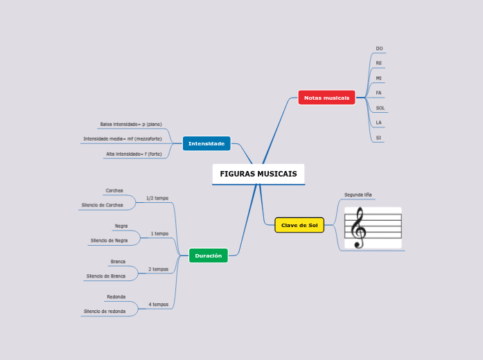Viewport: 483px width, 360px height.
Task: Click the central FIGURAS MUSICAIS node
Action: pyautogui.click(x=258, y=174)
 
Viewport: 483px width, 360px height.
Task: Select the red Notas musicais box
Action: pyautogui.click(x=326, y=98)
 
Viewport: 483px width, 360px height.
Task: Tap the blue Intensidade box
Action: pyautogui.click(x=207, y=143)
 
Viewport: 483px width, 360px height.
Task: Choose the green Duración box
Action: pyautogui.click(x=208, y=255)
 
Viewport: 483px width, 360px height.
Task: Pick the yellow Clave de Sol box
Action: pyautogui.click(x=299, y=225)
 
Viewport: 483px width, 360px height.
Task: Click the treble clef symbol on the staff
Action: pyautogui.click(x=358, y=228)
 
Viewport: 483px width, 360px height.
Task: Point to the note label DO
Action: pyautogui.click(x=379, y=48)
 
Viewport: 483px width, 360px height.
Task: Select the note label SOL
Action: pyautogui.click(x=380, y=108)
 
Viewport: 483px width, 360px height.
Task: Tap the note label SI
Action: pyautogui.click(x=378, y=138)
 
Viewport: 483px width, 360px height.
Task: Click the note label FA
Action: pyautogui.click(x=378, y=93)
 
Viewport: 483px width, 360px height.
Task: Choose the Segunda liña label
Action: pyautogui.click(x=358, y=195)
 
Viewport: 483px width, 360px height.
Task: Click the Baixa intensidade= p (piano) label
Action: pyautogui.click(x=131, y=125)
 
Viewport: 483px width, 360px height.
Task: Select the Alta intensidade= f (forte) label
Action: pyautogui.click(x=134, y=154)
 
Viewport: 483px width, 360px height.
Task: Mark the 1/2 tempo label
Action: pyautogui.click(x=157, y=198)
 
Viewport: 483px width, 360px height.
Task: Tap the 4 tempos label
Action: pyautogui.click(x=158, y=304)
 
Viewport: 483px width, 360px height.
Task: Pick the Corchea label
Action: pyautogui.click(x=114, y=190)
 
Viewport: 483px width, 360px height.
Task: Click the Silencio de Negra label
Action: pyautogui.click(x=109, y=240)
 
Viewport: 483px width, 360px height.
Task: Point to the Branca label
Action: pyautogui.click(x=118, y=262)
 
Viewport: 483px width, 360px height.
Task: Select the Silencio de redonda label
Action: pyautogui.click(x=105, y=312)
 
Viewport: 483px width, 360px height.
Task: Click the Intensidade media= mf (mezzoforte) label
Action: pyautogui.click(x=123, y=138)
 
